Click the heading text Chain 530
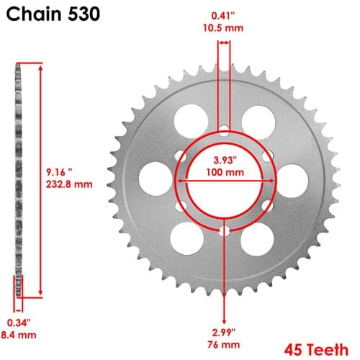(53, 14)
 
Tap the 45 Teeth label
(316, 350)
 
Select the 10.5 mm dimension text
(223, 28)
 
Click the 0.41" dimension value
(222, 16)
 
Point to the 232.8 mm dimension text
(69, 184)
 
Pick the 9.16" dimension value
(59, 172)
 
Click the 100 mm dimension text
(225, 172)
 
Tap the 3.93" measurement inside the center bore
(225, 160)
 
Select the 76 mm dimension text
(224, 345)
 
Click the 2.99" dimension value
(224, 333)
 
